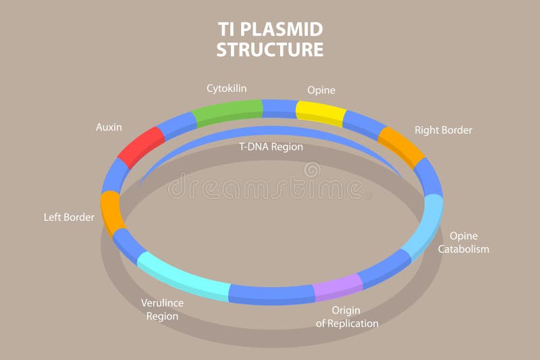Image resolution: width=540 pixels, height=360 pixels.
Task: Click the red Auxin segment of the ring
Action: pyautogui.click(x=142, y=145)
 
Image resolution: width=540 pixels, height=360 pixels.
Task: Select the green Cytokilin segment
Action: pyautogui.click(x=227, y=112)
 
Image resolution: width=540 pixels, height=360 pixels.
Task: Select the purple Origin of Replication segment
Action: pyautogui.click(x=337, y=286)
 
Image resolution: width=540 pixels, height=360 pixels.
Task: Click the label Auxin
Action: pyautogui.click(x=109, y=127)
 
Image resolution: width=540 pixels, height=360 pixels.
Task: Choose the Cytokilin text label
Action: pyautogui.click(x=227, y=88)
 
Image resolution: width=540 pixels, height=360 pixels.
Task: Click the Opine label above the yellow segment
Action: pyautogui.click(x=321, y=90)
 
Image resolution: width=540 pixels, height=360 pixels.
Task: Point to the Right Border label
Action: pyautogui.click(x=443, y=130)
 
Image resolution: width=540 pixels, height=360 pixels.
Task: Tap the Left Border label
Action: pyautogui.click(x=69, y=217)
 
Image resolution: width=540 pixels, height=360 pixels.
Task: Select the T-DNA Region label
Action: pyautogui.click(x=271, y=147)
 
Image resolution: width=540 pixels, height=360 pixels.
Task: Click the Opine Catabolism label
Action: pyautogui.click(x=463, y=242)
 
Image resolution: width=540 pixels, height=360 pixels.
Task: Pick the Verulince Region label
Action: pyautogui.click(x=162, y=309)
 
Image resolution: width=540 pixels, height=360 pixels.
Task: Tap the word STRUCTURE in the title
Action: pyautogui.click(x=270, y=50)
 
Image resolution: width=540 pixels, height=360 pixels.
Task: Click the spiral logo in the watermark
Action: pyautogui.click(x=312, y=170)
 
